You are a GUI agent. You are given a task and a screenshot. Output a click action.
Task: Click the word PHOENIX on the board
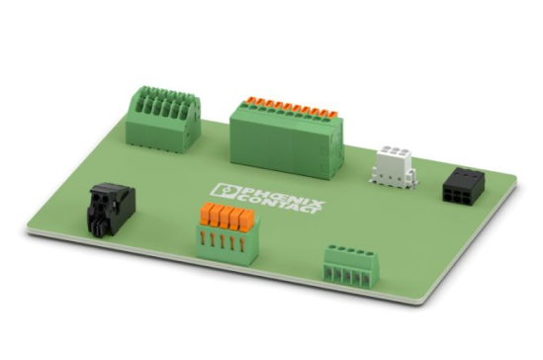282,196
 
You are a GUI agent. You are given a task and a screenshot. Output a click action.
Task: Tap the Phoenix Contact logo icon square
226,191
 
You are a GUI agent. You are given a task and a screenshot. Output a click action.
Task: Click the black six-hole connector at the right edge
463,185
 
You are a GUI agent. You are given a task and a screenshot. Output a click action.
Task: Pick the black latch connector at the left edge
110,210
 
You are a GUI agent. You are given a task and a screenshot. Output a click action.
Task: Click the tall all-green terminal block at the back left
163,119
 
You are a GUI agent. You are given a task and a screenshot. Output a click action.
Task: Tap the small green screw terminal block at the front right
351,266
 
